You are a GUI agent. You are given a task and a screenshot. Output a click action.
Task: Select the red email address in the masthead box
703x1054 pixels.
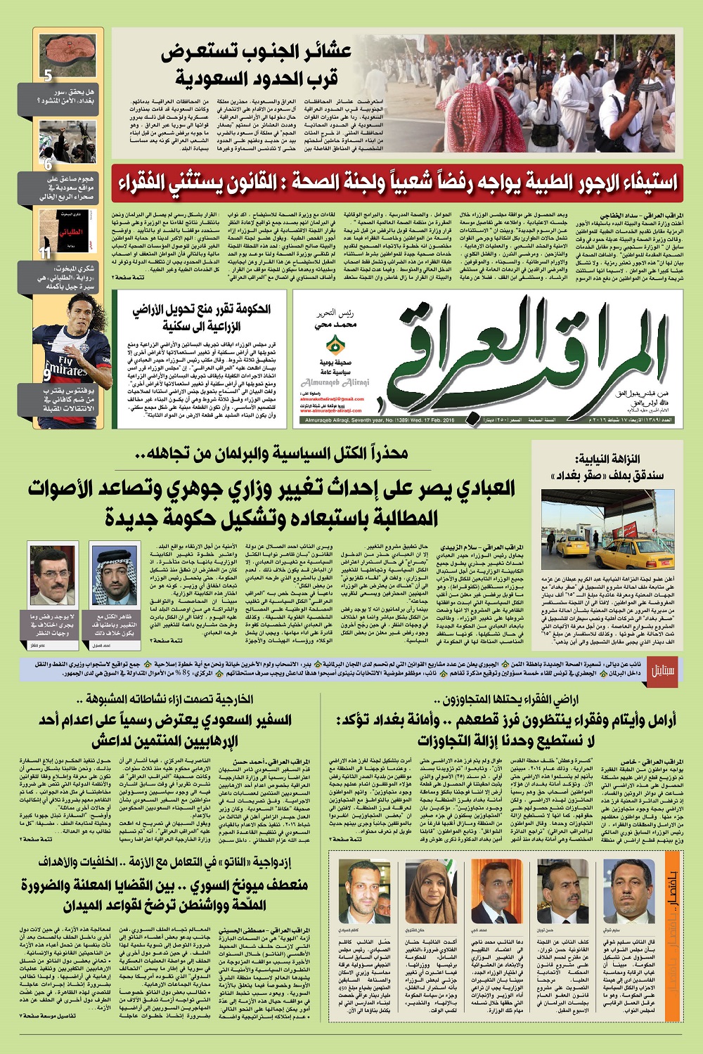click(x=335, y=398)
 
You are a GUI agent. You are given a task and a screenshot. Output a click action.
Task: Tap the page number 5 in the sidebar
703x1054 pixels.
click(x=48, y=75)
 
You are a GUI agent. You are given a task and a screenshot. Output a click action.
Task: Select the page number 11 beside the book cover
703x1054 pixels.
click(x=45, y=254)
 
